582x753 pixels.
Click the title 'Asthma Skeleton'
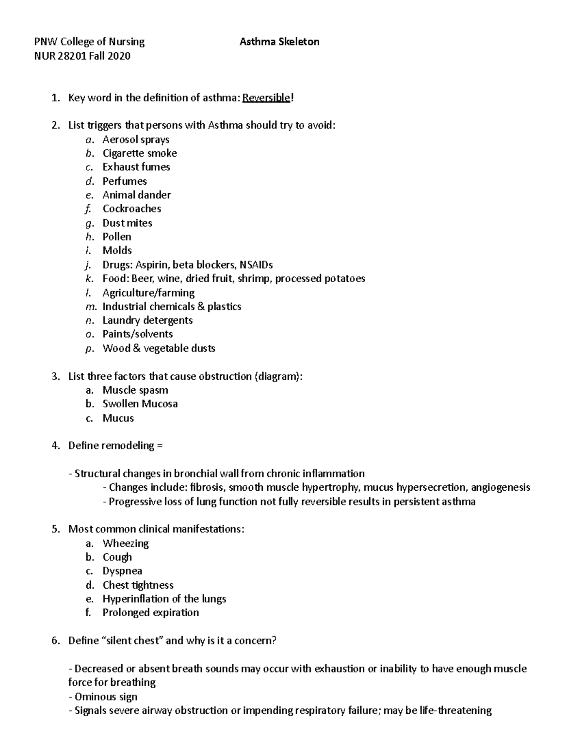coord(279,42)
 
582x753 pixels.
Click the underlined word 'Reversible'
coord(266,98)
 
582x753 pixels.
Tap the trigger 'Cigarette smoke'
coord(140,153)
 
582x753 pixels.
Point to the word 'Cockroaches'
coord(132,209)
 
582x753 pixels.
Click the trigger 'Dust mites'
coord(128,223)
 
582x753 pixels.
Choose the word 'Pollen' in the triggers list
coord(117,237)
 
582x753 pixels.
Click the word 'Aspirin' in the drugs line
coord(152,265)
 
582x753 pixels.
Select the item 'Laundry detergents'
coord(147,320)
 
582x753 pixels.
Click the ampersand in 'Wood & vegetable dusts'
coord(136,349)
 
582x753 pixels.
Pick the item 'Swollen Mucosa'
coord(140,404)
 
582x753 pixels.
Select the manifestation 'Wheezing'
coord(126,544)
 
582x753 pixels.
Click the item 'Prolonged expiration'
coord(151,613)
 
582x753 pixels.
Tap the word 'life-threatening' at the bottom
coord(454,711)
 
